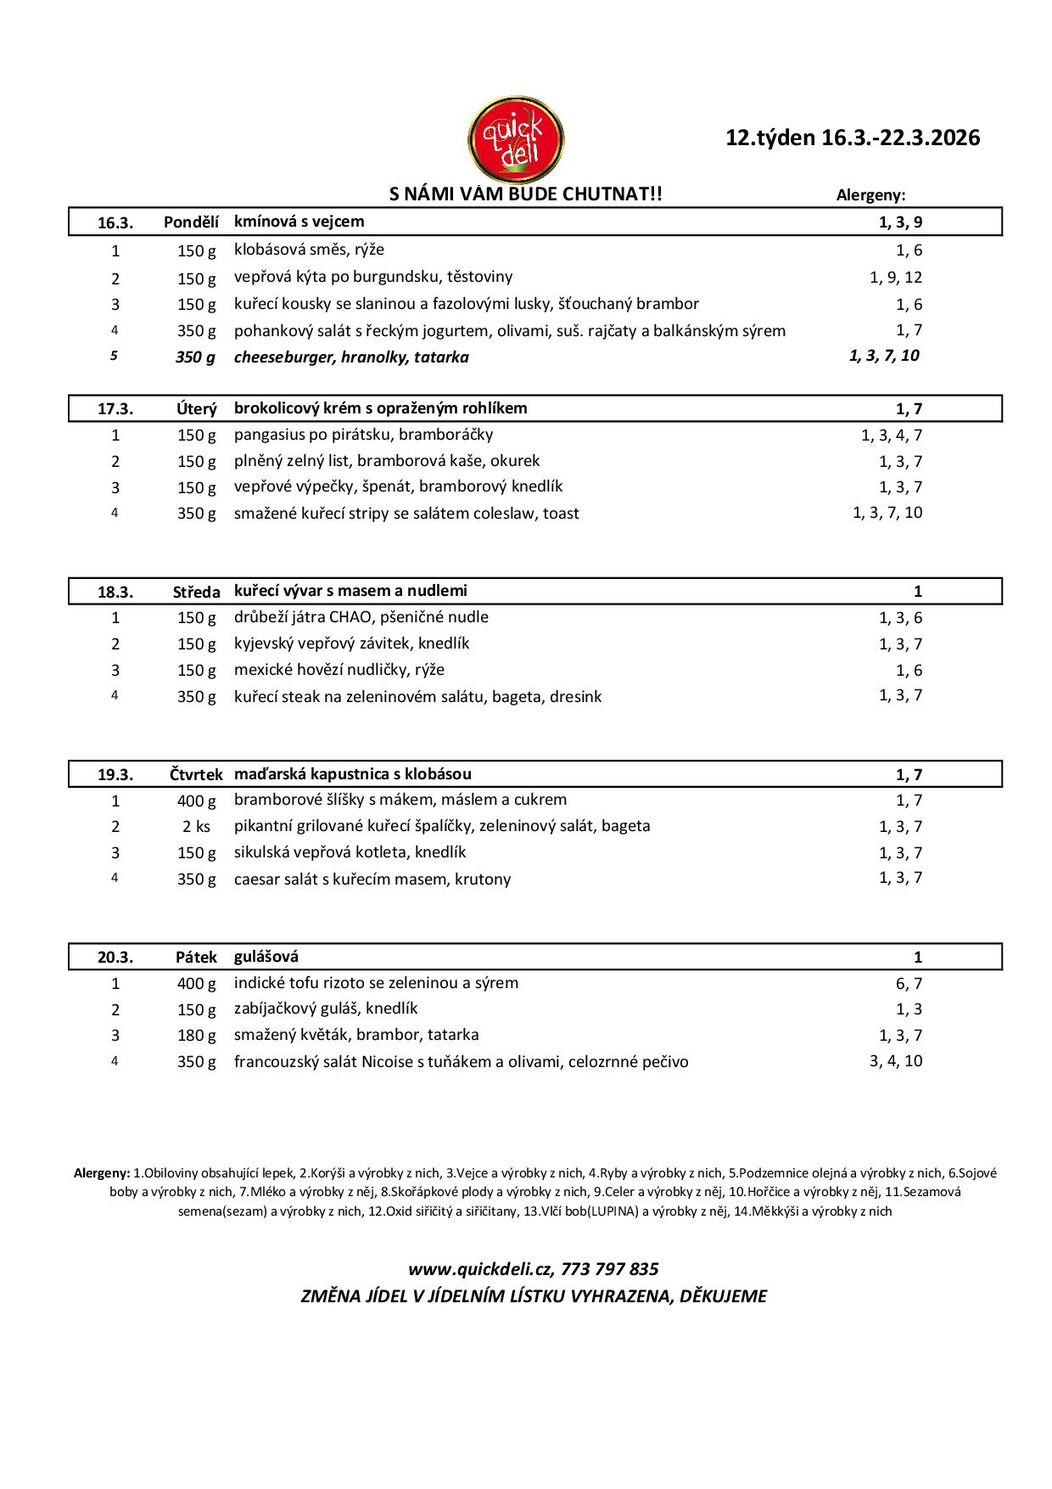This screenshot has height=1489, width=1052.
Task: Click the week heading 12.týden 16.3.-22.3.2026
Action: coord(853,138)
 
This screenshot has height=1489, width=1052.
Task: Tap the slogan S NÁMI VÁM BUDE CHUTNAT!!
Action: coord(525,194)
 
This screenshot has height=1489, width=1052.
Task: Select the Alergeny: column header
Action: coord(870,194)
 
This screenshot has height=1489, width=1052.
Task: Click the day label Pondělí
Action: coord(191,222)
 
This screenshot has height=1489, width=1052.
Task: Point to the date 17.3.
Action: coord(115,408)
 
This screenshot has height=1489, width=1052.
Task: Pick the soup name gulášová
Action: coord(266,957)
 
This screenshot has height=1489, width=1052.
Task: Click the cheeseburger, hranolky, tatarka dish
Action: coord(351,357)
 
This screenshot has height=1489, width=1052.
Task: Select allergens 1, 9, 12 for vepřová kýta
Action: coord(896,277)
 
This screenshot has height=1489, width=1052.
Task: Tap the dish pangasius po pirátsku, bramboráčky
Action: coord(363,435)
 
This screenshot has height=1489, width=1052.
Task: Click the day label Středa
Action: coord(196,592)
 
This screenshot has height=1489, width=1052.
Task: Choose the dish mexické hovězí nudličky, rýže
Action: coord(339,670)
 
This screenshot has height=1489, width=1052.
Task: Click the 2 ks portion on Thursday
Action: coord(197,827)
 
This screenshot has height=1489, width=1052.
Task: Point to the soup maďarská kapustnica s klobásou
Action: coord(353,774)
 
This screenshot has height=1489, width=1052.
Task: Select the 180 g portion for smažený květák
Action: coord(197,1035)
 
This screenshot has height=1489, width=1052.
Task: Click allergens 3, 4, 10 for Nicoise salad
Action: coord(896,1060)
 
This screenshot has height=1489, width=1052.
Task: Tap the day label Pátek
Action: coord(197,958)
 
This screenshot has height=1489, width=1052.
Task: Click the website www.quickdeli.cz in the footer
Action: coord(478,1269)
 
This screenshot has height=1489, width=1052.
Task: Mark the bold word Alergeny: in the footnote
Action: coord(102,1173)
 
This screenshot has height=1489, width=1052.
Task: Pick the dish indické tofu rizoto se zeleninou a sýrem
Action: coord(376,983)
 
